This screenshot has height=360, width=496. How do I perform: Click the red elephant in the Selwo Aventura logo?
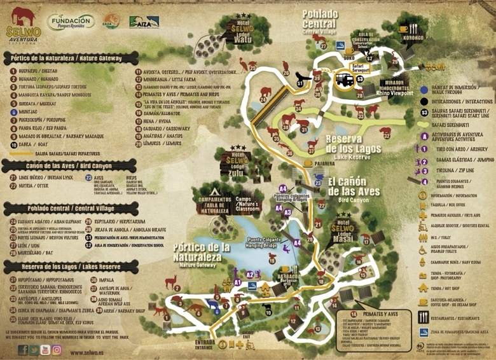20,15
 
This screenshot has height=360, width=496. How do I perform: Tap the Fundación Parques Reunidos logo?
71,22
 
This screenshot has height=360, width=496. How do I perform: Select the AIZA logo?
144,23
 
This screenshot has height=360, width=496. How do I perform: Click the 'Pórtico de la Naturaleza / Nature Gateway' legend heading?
70,58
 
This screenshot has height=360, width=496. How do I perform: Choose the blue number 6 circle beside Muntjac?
13,109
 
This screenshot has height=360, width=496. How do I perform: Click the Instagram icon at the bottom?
57,349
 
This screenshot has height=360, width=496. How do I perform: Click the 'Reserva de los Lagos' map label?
362,143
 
